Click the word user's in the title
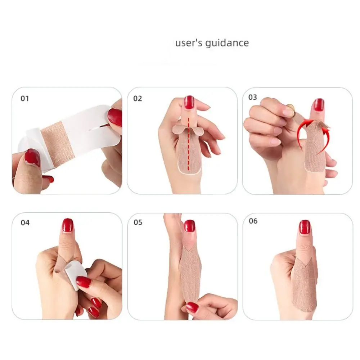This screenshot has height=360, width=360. pyautogui.click(x=189, y=43)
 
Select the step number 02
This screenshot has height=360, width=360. pyautogui.click(x=138, y=99)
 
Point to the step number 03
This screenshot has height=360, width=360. pyautogui.click(x=253, y=97)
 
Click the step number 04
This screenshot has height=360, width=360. pyautogui.click(x=25, y=222)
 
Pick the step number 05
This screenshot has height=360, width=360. pyautogui.click(x=138, y=222)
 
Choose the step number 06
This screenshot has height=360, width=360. pyautogui.click(x=253, y=221)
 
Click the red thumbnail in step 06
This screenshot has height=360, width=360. pyautogui.click(x=305, y=227)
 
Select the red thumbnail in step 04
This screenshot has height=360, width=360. pyautogui.click(x=67, y=225)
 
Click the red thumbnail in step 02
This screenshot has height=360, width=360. pyautogui.click(x=189, y=102)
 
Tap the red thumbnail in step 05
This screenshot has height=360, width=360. pyautogui.click(x=189, y=226)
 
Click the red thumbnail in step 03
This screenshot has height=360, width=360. pyautogui.click(x=319, y=105)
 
